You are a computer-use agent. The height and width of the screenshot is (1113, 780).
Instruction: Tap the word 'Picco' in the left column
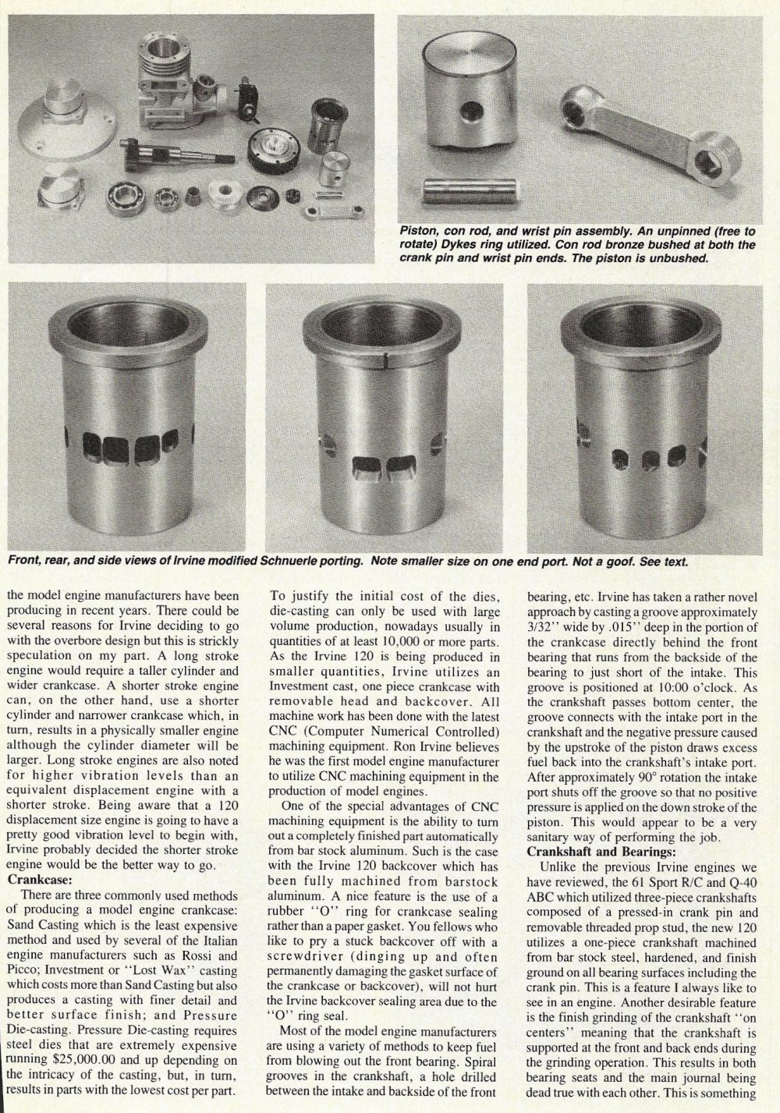(x=22, y=969)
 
